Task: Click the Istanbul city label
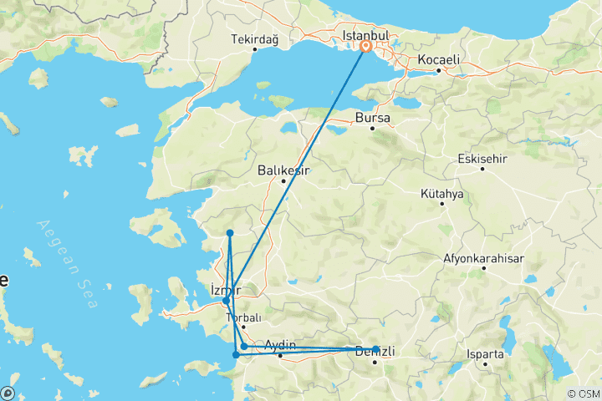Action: point(366,36)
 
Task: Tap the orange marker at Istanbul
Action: point(365,48)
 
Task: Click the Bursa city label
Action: point(373,118)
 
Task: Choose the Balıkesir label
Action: point(283,170)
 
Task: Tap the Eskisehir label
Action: point(483,159)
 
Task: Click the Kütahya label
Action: point(442,194)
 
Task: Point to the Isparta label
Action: point(487,353)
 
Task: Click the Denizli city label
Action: point(375,351)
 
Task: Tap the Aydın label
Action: point(280,345)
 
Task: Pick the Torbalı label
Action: point(244,317)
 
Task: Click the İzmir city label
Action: point(226,290)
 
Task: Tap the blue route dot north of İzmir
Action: point(229,232)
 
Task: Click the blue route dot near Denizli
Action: point(375,348)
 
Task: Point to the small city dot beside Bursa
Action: point(373,128)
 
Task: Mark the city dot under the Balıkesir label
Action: point(283,180)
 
